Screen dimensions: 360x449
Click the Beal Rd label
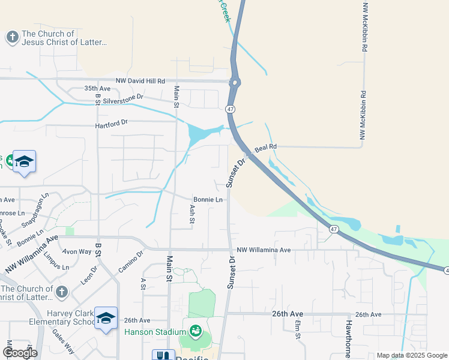tap(265, 146)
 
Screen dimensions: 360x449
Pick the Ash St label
tap(192, 215)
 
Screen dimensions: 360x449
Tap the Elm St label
tap(298, 331)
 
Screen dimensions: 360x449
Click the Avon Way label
tap(77, 251)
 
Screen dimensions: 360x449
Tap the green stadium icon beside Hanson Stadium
tap(195, 331)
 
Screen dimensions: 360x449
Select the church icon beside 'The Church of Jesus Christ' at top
tap(12, 38)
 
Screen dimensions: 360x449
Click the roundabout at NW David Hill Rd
tap(235, 83)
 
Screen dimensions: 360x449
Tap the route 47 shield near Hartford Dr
tap(230, 109)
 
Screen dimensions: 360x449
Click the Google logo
tap(19, 353)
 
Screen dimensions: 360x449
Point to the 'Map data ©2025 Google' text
tap(411, 355)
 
